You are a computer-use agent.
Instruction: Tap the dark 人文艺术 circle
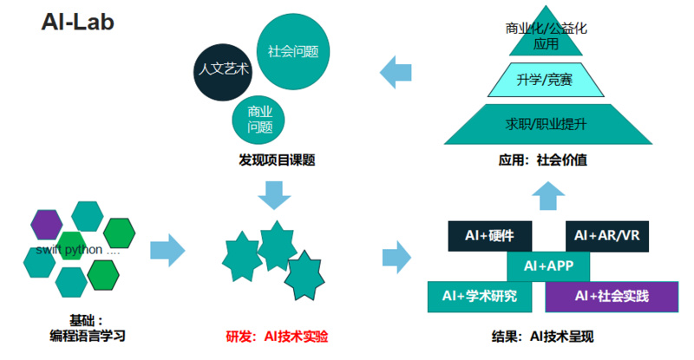[x=223, y=69]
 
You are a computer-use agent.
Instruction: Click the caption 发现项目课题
[x=276, y=160]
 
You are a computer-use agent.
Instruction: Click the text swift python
[x=76, y=250]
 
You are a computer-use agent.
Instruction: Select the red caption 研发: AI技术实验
[x=277, y=336]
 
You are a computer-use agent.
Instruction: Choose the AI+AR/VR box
[x=606, y=235]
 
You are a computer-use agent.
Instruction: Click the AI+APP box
[x=547, y=265]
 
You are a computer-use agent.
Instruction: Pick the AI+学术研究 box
[x=479, y=296]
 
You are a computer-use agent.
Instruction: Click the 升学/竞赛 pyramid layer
[x=544, y=81]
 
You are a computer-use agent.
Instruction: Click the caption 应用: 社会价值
[x=543, y=160]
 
